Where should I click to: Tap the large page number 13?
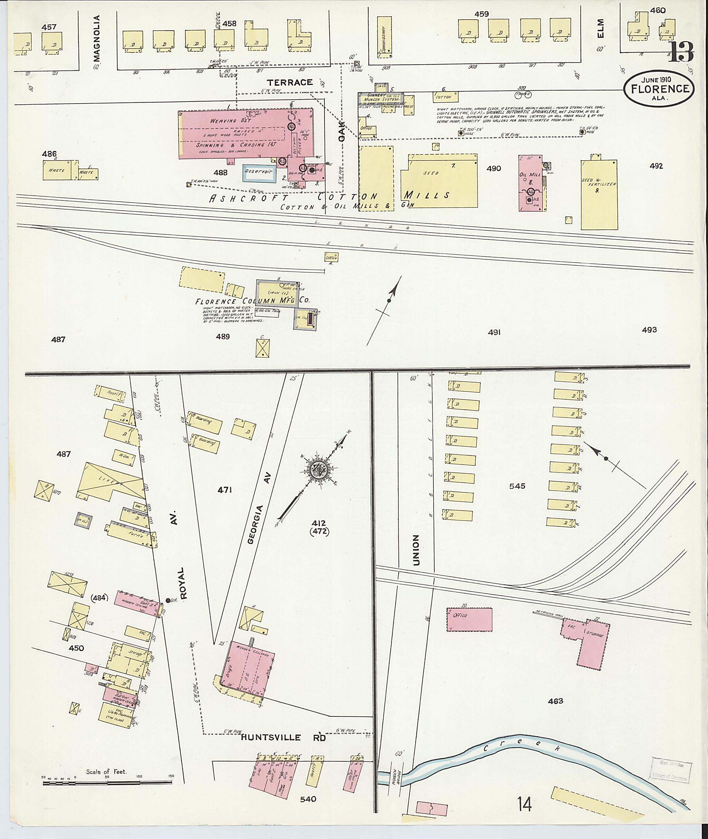[681, 52]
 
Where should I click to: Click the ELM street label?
[600, 29]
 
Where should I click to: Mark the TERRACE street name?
[290, 82]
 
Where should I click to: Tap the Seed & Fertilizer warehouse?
[599, 194]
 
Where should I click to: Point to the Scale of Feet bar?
[108, 782]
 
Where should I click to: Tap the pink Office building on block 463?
[469, 620]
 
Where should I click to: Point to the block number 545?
[517, 486]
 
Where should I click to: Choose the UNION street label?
[416, 550]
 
